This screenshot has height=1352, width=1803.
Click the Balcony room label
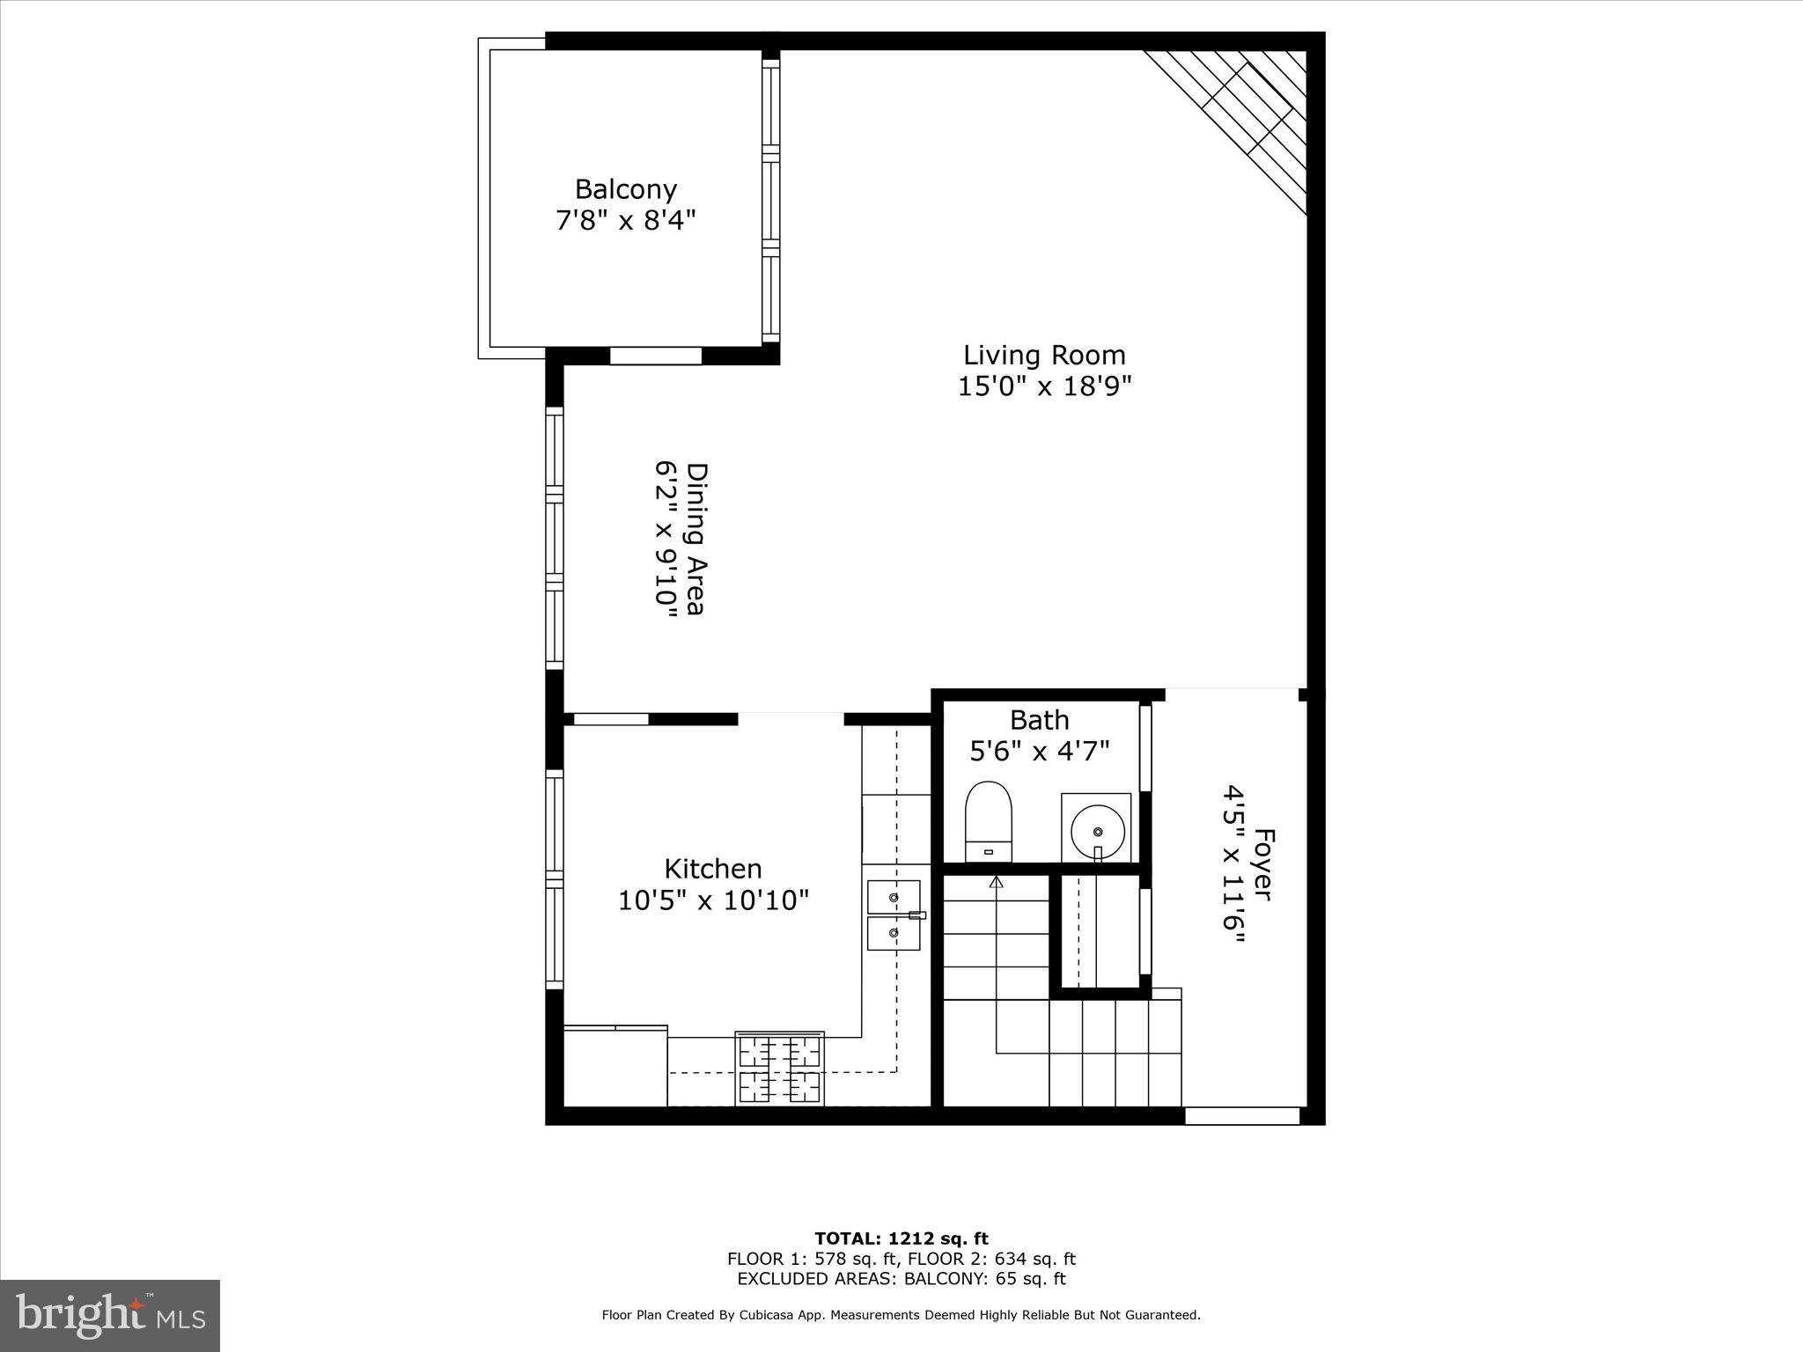(625, 189)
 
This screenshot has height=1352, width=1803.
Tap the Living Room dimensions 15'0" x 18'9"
(1044, 386)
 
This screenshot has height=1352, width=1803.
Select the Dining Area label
(696, 539)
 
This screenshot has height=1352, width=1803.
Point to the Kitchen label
(712, 869)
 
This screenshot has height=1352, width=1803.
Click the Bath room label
(1039, 720)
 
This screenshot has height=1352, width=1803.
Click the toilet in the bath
(989, 821)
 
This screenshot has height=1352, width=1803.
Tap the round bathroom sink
(1096, 829)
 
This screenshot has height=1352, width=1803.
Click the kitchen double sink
(894, 915)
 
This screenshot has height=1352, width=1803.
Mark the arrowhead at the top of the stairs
(997, 881)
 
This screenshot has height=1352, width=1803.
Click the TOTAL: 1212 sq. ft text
(901, 1239)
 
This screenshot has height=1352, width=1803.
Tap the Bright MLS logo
(110, 1315)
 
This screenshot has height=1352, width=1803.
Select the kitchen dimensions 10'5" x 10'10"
(712, 900)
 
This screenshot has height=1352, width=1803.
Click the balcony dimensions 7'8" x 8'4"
(625, 220)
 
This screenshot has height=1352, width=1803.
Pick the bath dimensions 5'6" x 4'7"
(1039, 751)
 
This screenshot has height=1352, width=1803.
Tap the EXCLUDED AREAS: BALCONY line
(901, 1279)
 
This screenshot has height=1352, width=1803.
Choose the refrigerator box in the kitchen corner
(615, 1067)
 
